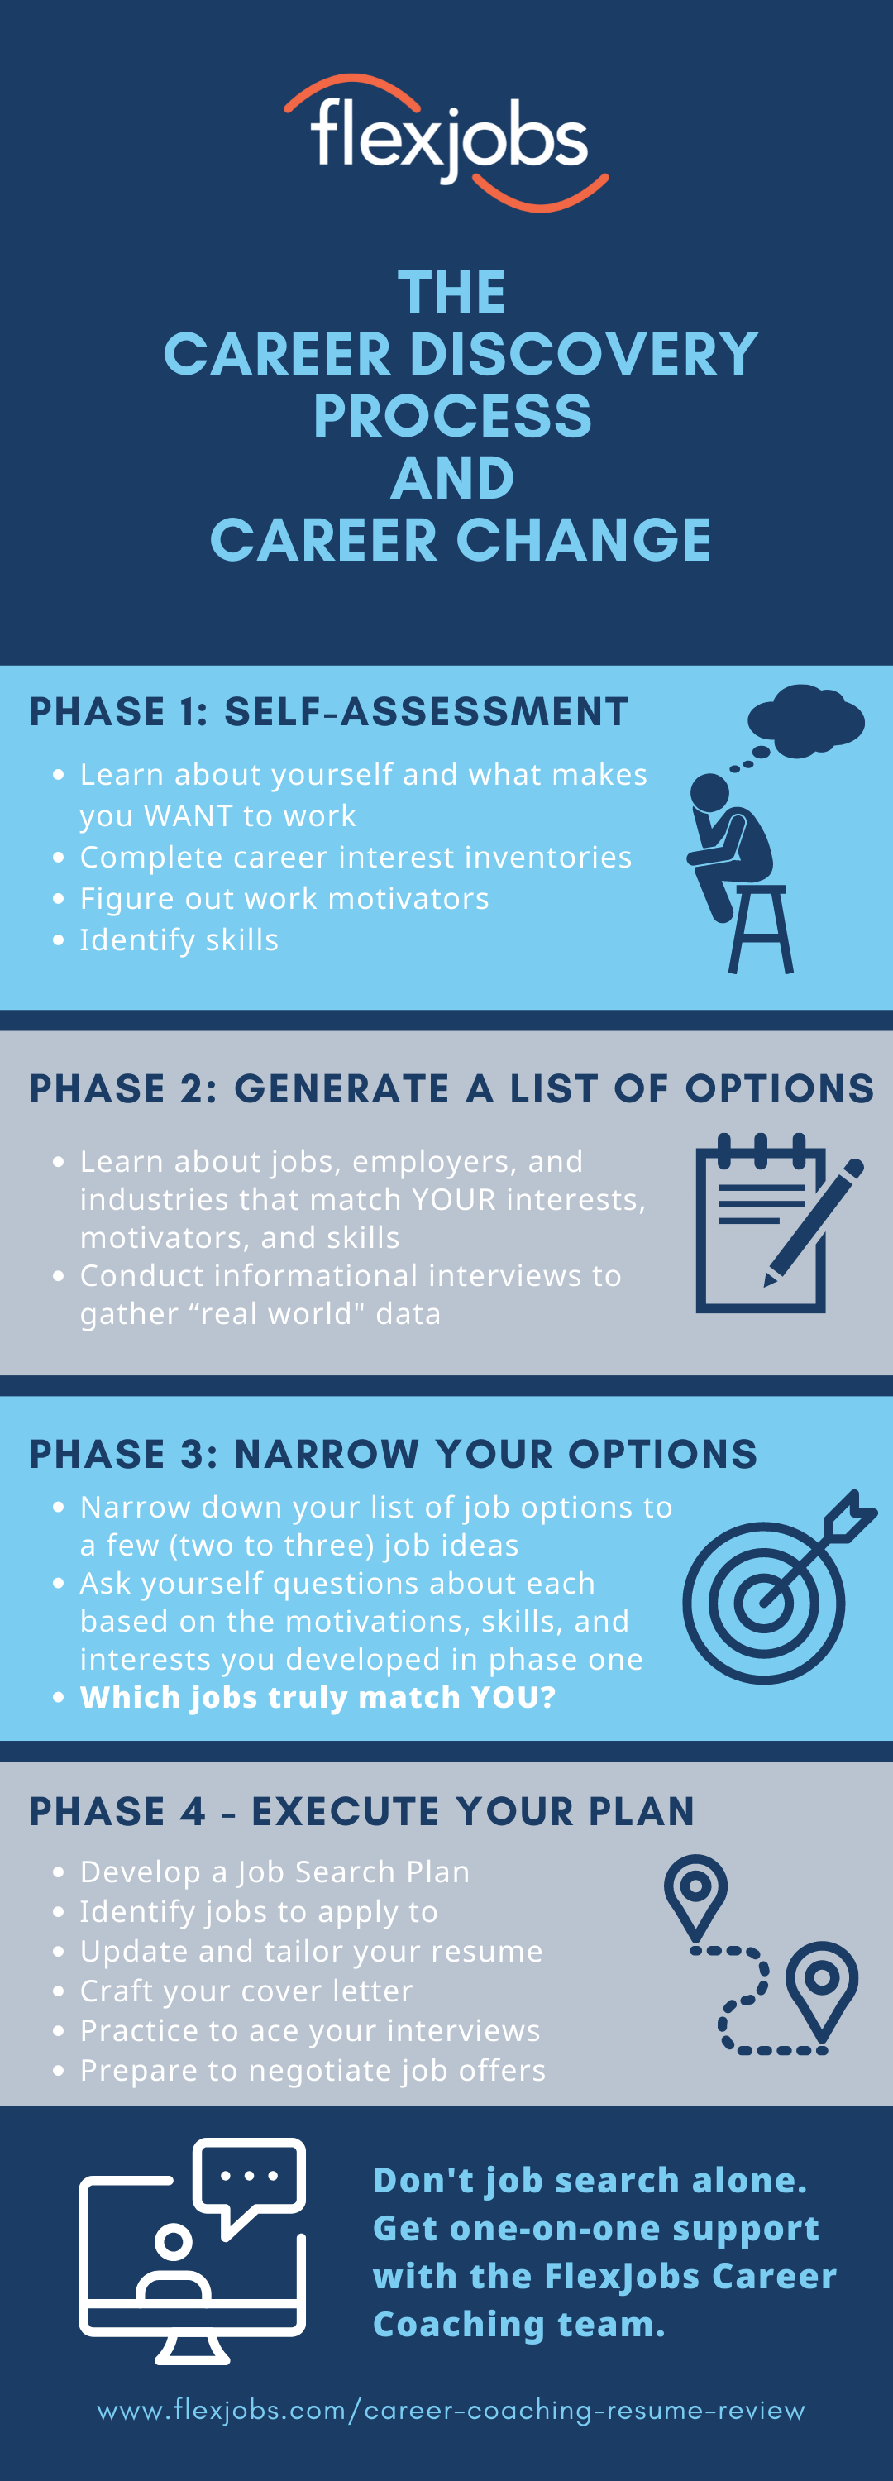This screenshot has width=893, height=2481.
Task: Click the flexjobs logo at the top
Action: coord(446,141)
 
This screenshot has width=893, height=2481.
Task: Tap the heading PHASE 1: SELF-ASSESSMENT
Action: coord(328,712)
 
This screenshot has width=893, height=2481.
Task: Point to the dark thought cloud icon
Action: coord(805,719)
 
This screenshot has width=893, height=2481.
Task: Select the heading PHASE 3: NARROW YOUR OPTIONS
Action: coord(393,1455)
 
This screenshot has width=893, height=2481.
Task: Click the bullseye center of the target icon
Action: coord(764,1604)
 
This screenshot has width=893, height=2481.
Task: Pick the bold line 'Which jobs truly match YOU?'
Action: coord(318,1697)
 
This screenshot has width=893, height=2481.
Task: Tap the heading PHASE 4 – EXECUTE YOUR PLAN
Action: coord(362,1812)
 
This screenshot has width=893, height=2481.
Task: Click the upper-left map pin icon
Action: coord(695,1895)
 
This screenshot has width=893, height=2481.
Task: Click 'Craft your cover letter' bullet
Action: coord(246,1990)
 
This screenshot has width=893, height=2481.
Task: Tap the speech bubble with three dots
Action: coord(250,2187)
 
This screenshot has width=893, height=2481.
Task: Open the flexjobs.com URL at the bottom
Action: coord(451,2410)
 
